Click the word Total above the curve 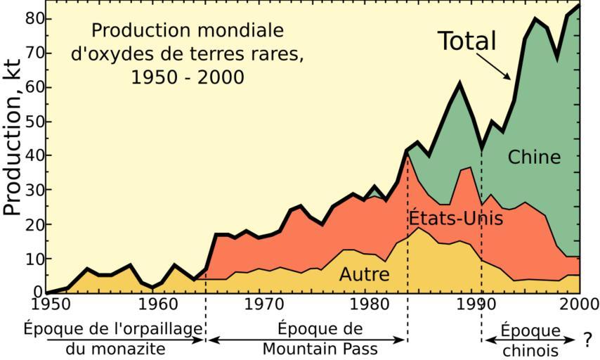467,41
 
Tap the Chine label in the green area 534,157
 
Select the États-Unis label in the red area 456,219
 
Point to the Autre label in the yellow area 364,274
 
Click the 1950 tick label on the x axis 48,304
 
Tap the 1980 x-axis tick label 370,304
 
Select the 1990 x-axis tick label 476,304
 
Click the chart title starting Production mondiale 188,53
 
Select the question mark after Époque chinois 587,341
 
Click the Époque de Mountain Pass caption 320,338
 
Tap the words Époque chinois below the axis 530,340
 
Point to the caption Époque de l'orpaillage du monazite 113,338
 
